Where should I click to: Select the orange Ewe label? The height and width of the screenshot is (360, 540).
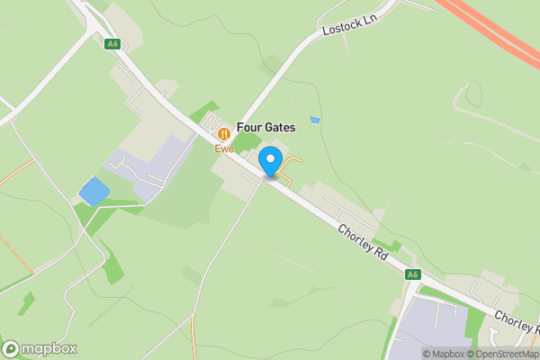tap(224, 148)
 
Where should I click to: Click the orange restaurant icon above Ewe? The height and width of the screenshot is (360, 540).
tap(224, 134)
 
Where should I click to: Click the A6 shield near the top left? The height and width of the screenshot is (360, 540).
tap(112, 43)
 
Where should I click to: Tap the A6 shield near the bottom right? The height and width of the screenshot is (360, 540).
tap(412, 274)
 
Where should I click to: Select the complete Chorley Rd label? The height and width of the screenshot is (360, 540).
tap(364, 243)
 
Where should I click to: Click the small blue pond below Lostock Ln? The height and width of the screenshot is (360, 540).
tap(314, 120)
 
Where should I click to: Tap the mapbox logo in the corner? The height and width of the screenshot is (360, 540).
tap(40, 348)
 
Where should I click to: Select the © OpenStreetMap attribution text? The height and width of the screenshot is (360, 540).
tap(508, 354)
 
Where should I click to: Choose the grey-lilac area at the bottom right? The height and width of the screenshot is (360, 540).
tap(432, 328)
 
